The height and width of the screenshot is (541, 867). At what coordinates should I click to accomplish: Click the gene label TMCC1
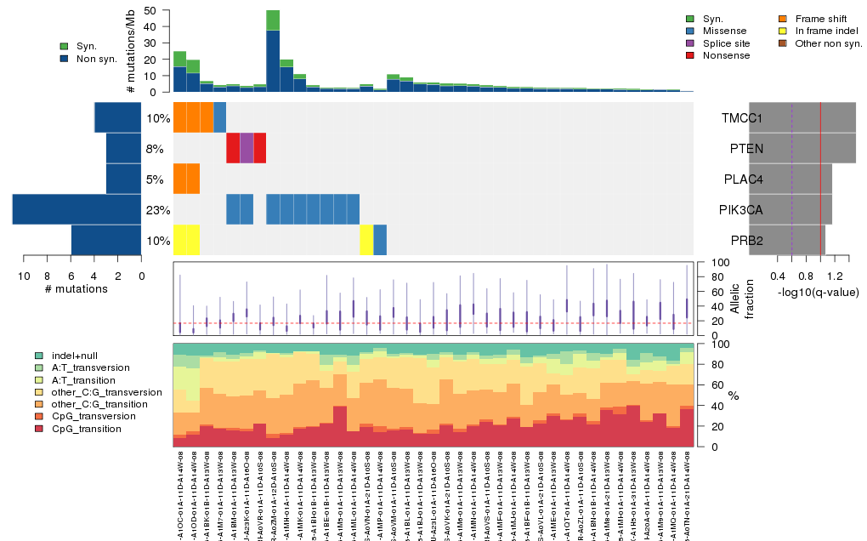[742, 118]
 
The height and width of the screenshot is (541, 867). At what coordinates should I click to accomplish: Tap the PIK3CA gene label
[742, 210]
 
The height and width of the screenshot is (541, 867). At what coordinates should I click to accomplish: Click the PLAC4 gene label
[742, 179]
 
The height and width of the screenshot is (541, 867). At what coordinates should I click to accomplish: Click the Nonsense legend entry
[727, 55]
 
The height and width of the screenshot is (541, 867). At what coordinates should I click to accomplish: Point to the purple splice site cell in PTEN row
[246, 148]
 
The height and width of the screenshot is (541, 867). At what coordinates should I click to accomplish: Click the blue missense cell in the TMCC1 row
[219, 117]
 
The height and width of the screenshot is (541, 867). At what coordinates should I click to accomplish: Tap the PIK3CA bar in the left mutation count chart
[76, 209]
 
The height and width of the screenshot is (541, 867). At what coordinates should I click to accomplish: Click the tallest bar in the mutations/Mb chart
[273, 51]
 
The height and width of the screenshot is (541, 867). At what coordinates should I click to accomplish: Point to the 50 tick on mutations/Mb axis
[150, 10]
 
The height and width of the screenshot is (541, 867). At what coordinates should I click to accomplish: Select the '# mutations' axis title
[76, 288]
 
